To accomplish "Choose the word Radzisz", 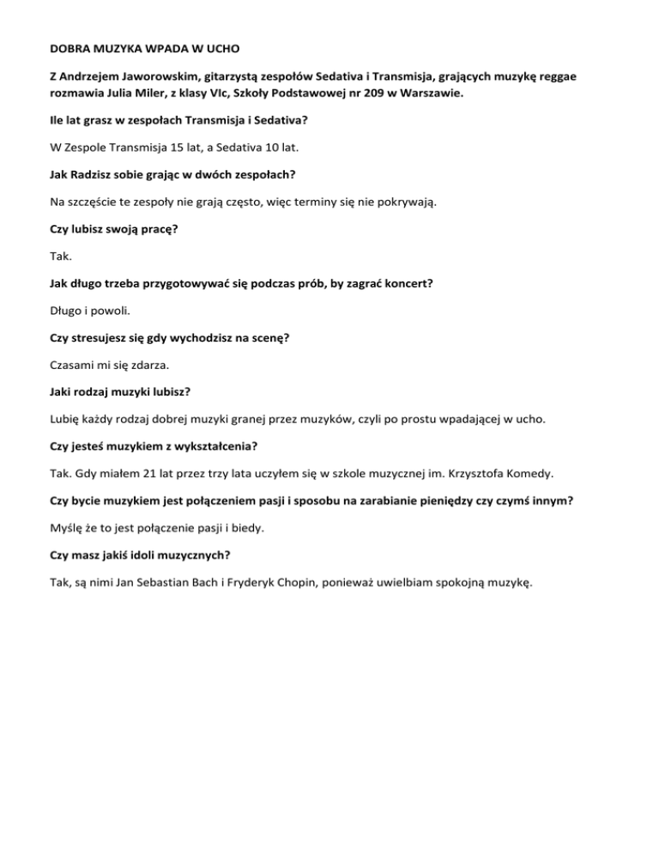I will (x=97, y=176).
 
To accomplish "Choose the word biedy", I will (x=285, y=532).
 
